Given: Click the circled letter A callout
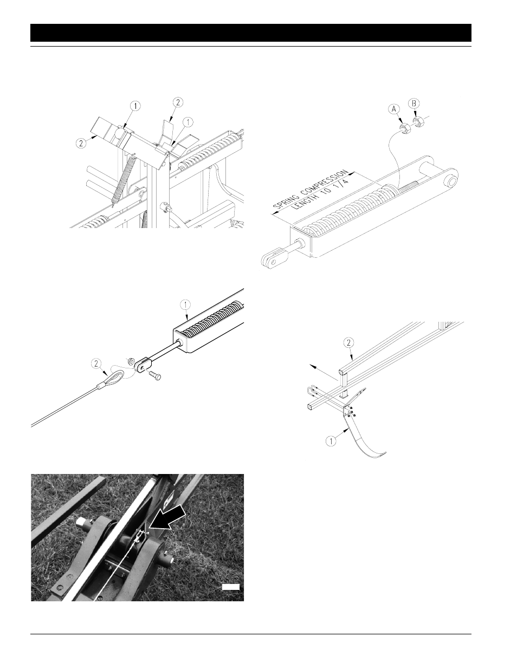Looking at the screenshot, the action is point(393,109).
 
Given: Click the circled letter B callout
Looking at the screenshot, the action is point(414,103).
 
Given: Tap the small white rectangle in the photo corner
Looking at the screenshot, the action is point(231,587).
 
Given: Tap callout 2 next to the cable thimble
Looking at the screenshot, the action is point(96,364).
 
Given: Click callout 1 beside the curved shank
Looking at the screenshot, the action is point(331,441).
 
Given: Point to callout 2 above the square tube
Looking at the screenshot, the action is point(349,342).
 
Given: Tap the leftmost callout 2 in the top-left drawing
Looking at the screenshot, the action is point(81,144).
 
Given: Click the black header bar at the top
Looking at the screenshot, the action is point(251,33).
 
